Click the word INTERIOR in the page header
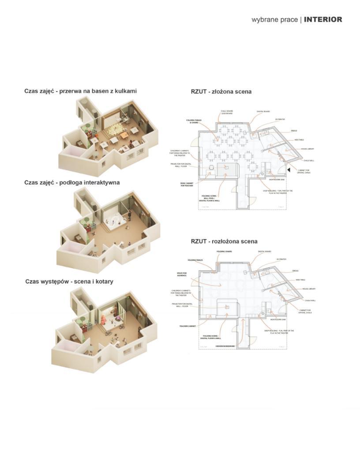click(323, 19)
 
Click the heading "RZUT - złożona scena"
click(221, 92)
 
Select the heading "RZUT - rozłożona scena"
click(224, 241)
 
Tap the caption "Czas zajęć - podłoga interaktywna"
click(72, 182)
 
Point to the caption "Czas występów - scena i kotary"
click(69, 281)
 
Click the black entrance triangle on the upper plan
click(288, 169)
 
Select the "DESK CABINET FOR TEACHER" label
click(187, 185)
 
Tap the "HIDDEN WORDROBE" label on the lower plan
click(225, 346)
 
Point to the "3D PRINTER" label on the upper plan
click(281, 120)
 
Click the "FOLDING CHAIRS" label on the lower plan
click(224, 252)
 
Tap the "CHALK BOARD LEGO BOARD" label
click(227, 112)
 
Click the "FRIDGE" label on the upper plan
click(294, 131)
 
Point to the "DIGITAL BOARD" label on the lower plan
click(264, 252)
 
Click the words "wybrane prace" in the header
click(274, 20)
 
